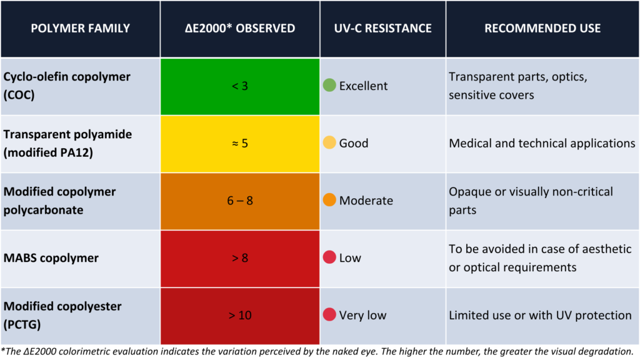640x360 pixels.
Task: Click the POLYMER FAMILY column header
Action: (81, 28)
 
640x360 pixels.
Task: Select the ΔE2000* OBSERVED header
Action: (240, 28)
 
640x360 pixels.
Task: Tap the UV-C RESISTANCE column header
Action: (383, 28)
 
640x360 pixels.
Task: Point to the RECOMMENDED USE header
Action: (542, 28)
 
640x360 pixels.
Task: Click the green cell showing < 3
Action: (240, 86)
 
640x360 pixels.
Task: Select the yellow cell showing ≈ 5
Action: (240, 144)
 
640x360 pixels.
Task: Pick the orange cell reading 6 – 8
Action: (240, 201)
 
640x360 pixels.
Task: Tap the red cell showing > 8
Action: (240, 258)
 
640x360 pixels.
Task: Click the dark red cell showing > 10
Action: (240, 316)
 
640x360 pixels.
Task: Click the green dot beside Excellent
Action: (329, 85)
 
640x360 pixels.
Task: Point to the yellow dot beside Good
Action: (329, 142)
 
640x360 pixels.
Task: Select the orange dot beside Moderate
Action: (329, 199)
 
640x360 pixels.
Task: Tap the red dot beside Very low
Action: (329, 314)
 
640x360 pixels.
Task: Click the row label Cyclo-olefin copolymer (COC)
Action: (67, 86)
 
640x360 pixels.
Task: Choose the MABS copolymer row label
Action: (51, 258)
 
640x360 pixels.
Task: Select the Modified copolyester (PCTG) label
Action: (62, 315)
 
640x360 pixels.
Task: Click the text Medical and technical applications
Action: (542, 143)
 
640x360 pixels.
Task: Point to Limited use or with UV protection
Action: (541, 315)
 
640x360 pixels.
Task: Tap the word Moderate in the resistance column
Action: (366, 201)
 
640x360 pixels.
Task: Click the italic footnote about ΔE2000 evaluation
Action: (317, 352)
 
